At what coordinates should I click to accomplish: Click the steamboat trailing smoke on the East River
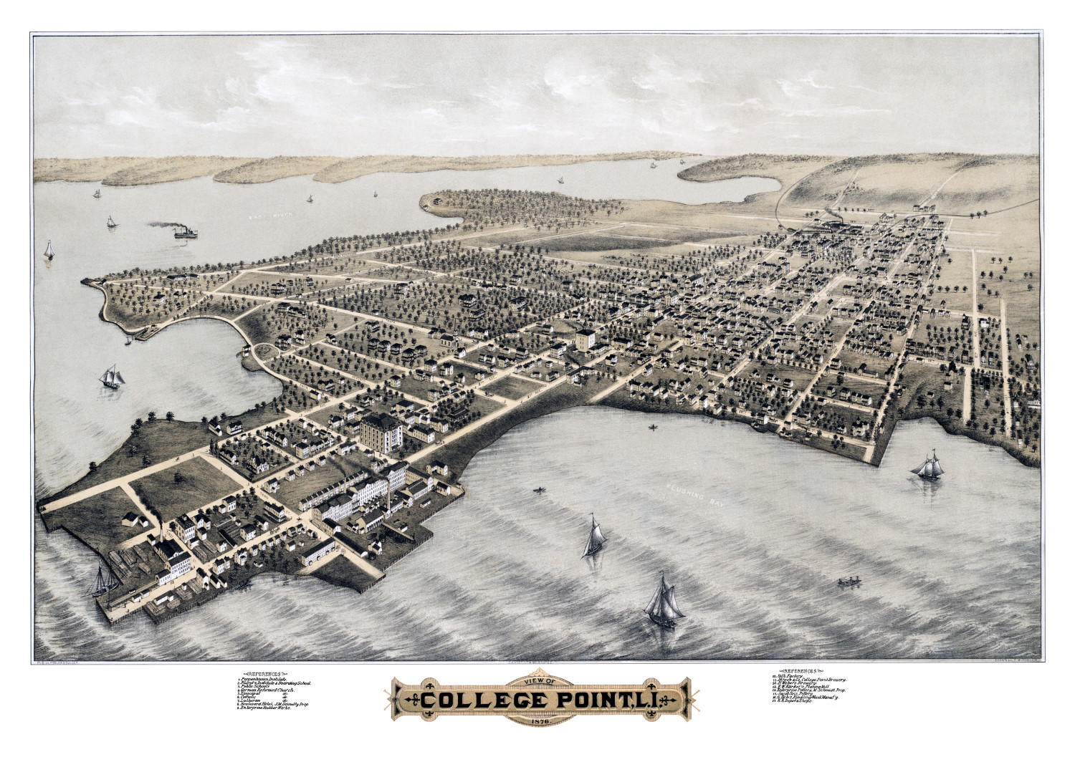click(184, 232)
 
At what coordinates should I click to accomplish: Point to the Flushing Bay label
click(694, 495)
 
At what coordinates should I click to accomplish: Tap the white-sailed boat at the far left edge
click(49, 251)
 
